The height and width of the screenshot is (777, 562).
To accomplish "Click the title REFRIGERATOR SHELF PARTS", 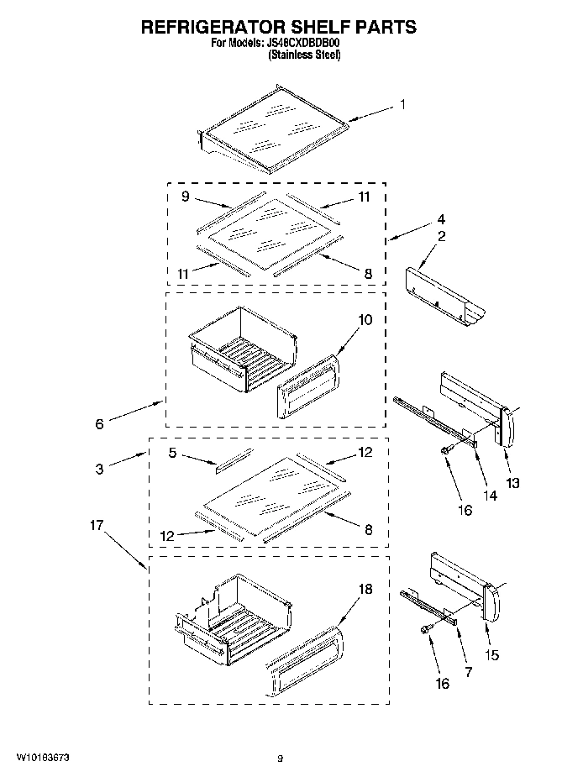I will click(278, 27).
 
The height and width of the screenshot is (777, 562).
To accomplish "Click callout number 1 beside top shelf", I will click(402, 105).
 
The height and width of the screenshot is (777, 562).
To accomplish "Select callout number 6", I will click(99, 425).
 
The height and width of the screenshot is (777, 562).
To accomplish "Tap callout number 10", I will click(365, 320).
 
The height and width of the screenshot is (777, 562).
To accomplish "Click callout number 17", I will click(97, 526).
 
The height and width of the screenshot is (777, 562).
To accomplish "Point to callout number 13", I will click(512, 483).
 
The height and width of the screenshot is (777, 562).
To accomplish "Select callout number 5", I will click(172, 452).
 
